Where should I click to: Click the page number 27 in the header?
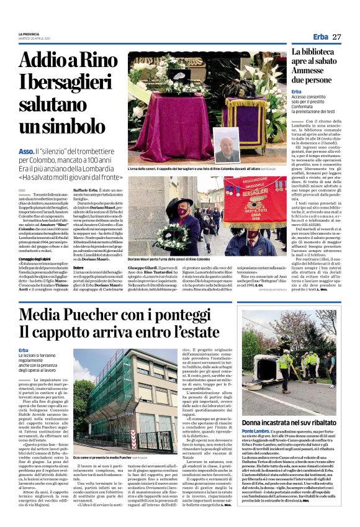point(336,37)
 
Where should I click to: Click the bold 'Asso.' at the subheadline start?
point(26,151)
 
